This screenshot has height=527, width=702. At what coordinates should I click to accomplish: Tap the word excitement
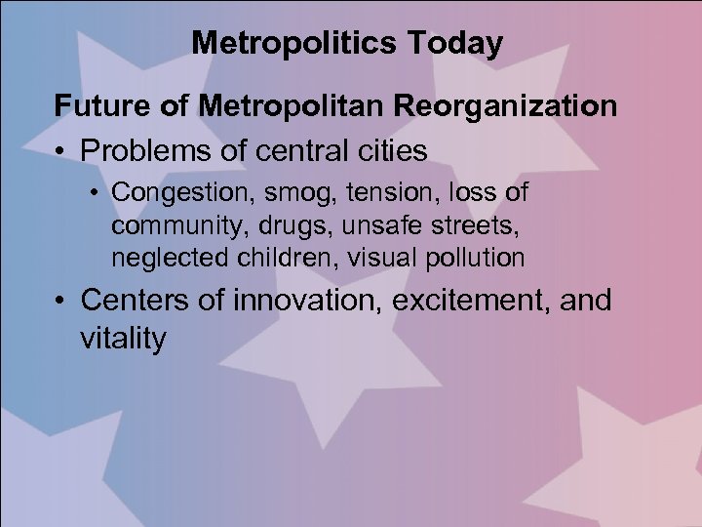(469, 301)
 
